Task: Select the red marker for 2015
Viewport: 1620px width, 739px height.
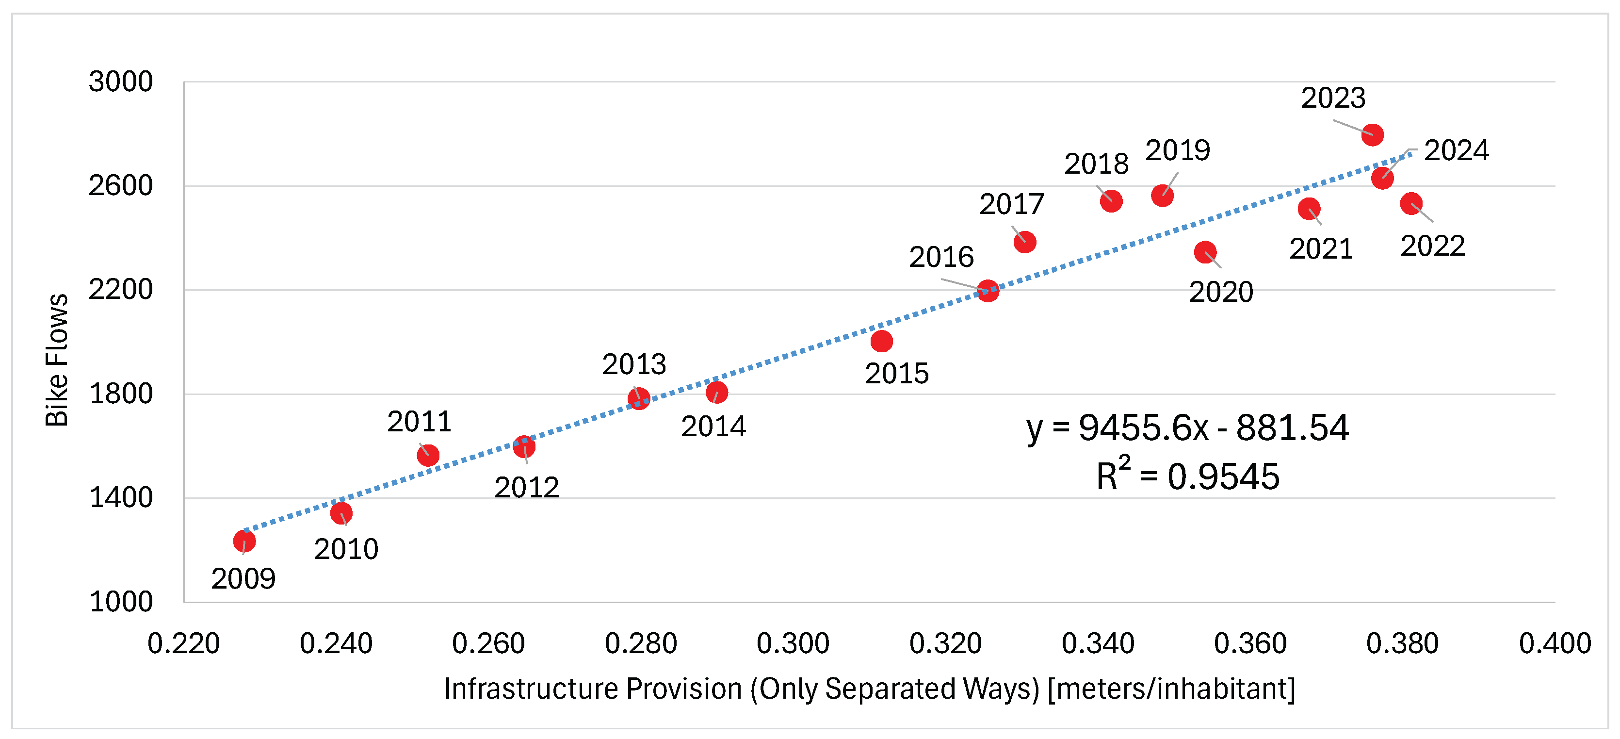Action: (x=881, y=342)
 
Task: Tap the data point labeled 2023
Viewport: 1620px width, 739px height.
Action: (x=1372, y=134)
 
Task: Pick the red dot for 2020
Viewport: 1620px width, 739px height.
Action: (x=1205, y=253)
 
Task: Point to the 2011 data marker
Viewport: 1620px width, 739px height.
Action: (x=428, y=455)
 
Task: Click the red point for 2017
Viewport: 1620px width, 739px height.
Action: (x=1024, y=242)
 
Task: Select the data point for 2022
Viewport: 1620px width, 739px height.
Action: (x=1411, y=204)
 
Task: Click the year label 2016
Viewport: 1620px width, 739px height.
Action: (x=941, y=257)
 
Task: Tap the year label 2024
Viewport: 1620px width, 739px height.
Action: (x=1456, y=151)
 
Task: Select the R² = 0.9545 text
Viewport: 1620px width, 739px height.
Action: (x=1187, y=476)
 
